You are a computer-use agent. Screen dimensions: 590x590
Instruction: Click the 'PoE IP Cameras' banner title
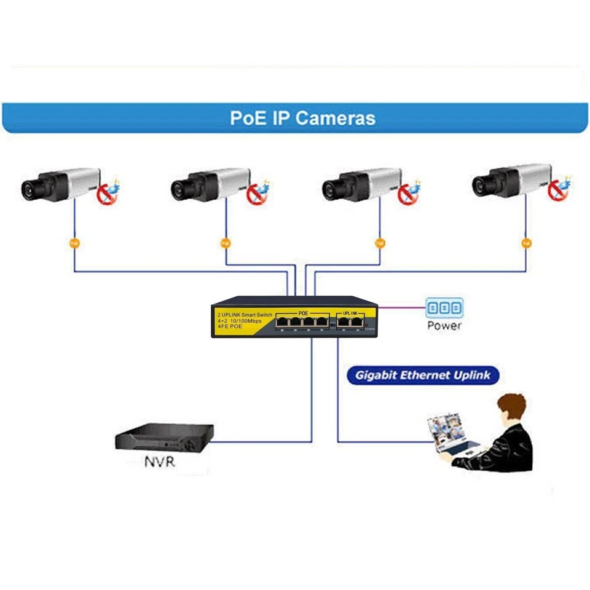(302, 117)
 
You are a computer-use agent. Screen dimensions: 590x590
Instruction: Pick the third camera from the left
(363, 184)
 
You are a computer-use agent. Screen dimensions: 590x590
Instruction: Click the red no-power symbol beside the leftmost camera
(106, 195)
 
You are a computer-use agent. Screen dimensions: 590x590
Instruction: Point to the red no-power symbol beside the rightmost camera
(557, 191)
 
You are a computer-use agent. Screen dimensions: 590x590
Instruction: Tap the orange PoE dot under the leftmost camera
(74, 243)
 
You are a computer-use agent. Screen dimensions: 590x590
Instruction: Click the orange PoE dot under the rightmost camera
(526, 243)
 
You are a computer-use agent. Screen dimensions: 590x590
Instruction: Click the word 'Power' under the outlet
(444, 326)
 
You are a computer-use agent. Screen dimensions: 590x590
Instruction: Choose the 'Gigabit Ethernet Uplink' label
(423, 376)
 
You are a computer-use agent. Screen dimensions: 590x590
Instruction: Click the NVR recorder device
(164, 438)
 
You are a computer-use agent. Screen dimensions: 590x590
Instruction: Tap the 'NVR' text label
(160, 461)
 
